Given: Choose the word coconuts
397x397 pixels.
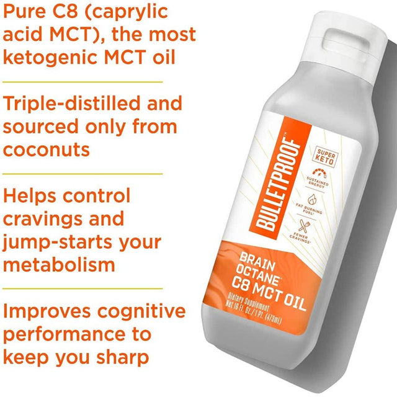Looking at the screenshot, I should (46, 149).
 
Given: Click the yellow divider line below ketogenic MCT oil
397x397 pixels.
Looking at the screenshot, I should (81, 81).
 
